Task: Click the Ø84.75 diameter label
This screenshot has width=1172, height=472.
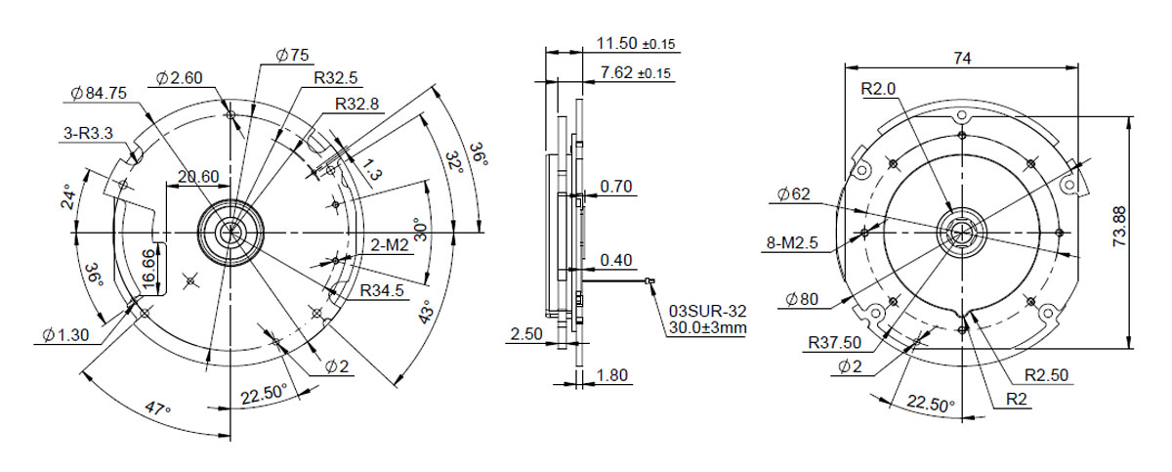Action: click(99, 93)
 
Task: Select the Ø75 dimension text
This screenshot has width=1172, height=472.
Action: click(292, 55)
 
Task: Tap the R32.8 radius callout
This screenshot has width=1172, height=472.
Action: click(356, 105)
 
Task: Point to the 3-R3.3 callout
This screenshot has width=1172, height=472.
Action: click(88, 133)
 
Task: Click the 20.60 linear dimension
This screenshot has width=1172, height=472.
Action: click(198, 177)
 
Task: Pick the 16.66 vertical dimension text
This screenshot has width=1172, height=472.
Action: click(149, 269)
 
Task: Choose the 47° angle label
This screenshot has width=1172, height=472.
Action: click(157, 408)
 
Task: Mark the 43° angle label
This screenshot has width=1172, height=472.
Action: click(427, 312)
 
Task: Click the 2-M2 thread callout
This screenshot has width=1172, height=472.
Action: click(390, 245)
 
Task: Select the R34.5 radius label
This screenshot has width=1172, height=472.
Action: click(382, 290)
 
